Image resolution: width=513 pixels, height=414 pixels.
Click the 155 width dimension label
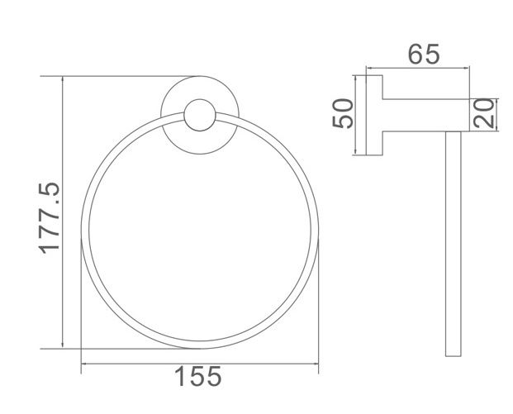pyautogui.click(x=198, y=378)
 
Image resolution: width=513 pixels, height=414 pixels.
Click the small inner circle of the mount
pyautogui.click(x=198, y=116)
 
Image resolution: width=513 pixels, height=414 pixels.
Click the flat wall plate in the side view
pyautogui.click(x=374, y=115)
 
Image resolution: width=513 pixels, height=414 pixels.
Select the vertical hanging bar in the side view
pyautogui.click(x=452, y=240)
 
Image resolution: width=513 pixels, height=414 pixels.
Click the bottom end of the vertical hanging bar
pyautogui.click(x=452, y=354)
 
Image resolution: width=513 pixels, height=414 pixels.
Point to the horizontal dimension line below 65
pyautogui.click(x=417, y=69)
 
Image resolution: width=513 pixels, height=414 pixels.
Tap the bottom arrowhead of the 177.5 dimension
pyautogui.click(x=63, y=345)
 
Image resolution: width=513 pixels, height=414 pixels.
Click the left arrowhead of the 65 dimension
pyautogui.click(x=369, y=69)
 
